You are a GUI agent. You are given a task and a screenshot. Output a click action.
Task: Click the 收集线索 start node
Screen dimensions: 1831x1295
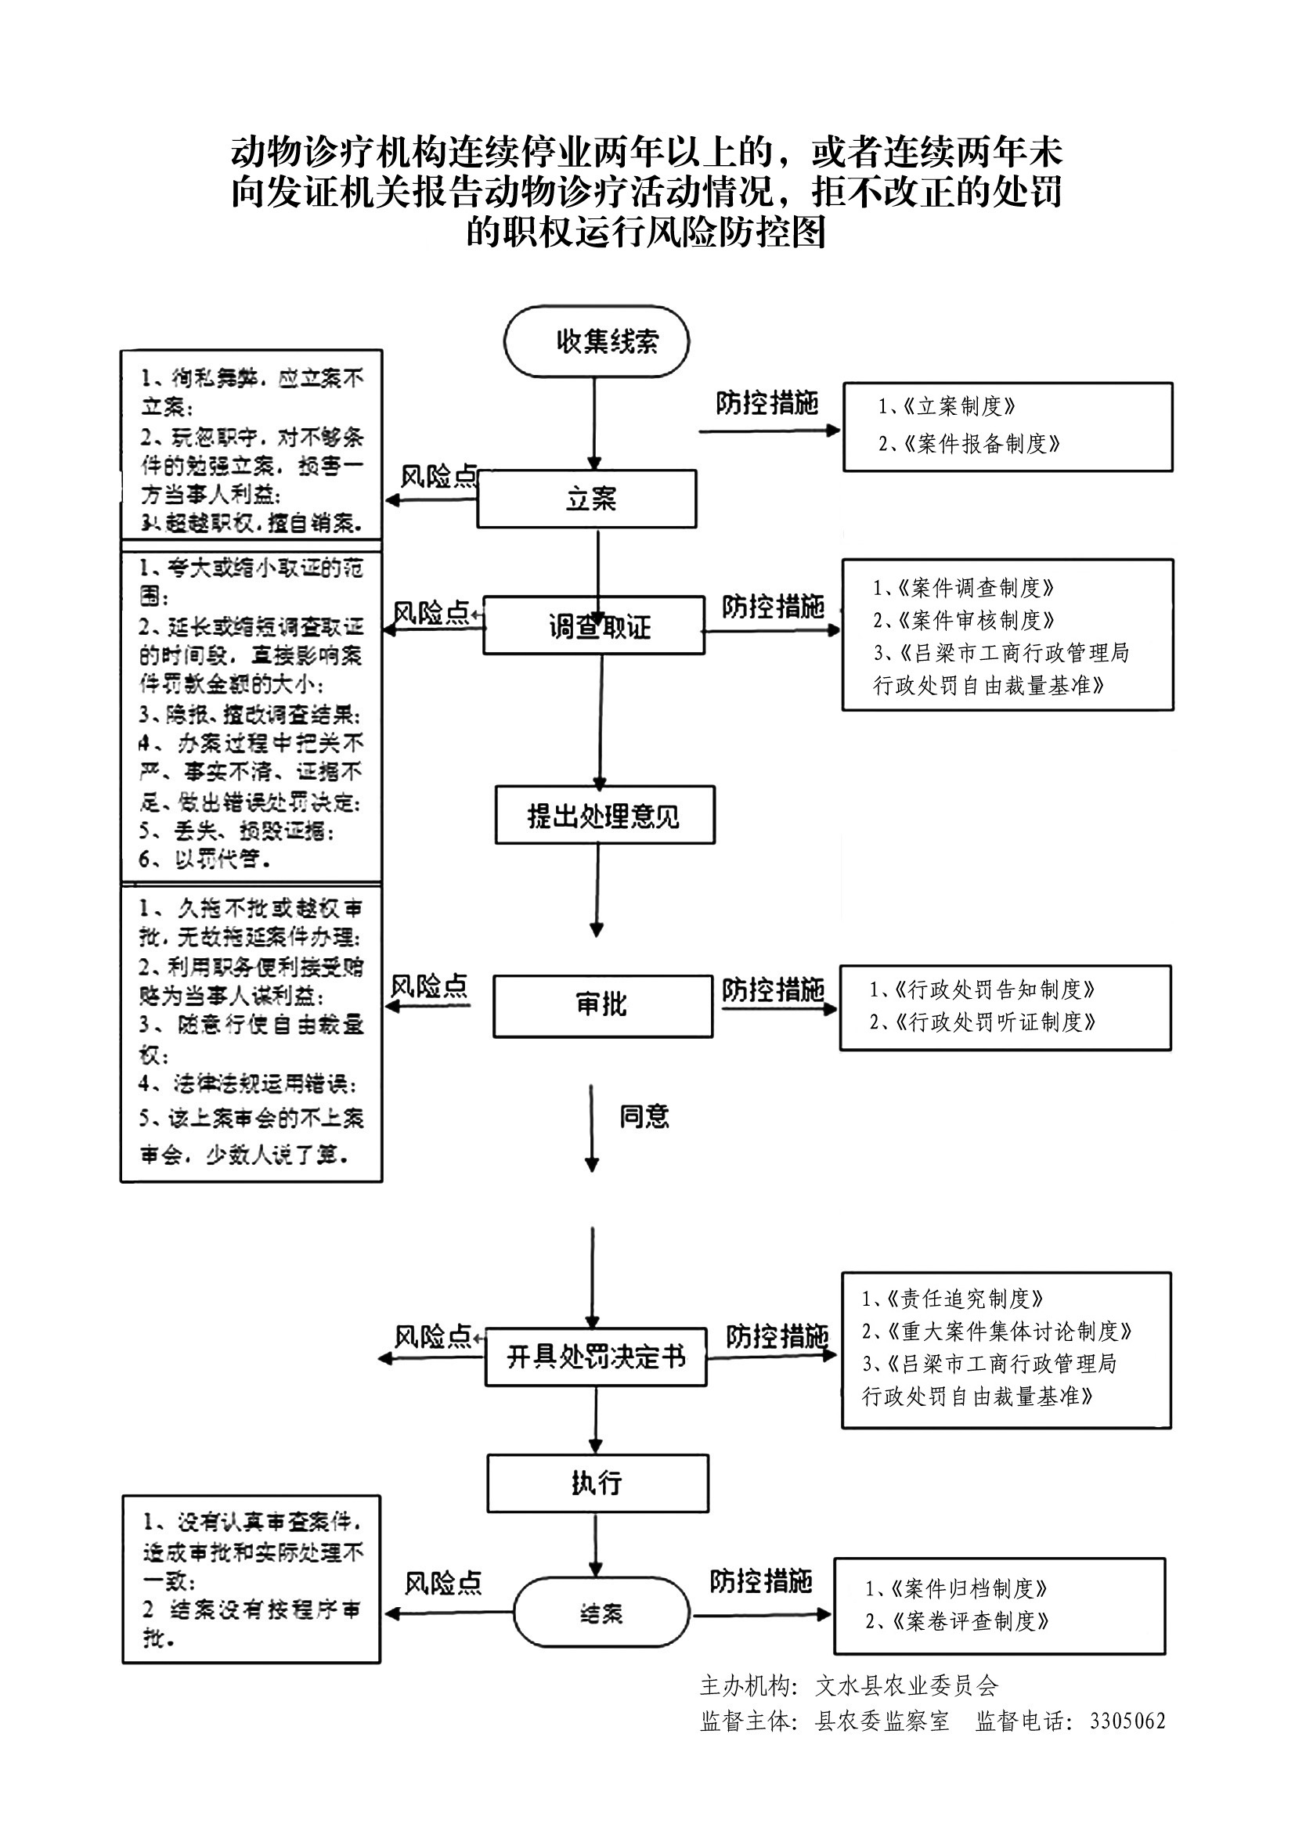point(597,341)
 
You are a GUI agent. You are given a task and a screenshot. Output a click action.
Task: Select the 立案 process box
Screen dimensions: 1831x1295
point(587,499)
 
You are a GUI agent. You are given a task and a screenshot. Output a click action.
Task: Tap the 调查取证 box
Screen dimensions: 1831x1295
point(594,626)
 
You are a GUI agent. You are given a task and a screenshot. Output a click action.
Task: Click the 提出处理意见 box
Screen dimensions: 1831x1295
point(604,815)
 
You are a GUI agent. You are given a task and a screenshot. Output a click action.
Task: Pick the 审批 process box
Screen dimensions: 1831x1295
point(602,1005)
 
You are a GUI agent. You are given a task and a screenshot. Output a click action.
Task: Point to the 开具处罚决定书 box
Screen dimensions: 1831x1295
point(596,1357)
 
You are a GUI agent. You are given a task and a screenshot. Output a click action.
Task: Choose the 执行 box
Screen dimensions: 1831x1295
point(597,1483)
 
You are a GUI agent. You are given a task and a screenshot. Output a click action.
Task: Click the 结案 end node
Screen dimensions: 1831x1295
point(601,1614)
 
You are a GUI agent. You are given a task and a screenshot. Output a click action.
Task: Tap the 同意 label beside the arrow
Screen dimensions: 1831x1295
point(644,1116)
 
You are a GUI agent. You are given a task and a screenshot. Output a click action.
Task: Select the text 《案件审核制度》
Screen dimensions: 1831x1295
point(976,620)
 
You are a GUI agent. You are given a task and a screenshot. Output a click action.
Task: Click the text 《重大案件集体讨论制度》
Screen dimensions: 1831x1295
point(1008,1331)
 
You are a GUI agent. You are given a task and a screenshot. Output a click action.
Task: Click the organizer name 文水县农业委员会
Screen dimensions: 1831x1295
point(907,1685)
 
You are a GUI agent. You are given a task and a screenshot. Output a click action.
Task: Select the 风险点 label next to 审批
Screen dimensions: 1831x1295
point(429,986)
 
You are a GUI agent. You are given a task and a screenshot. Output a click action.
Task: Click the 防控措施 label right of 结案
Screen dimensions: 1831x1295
point(761,1580)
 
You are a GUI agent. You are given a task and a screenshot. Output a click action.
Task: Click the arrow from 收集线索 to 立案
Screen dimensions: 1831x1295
point(594,423)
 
